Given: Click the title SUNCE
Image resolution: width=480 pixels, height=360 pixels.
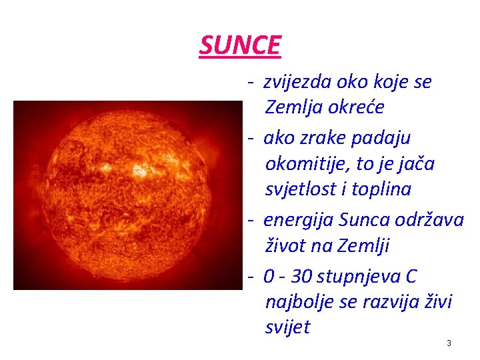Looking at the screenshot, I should (240, 45).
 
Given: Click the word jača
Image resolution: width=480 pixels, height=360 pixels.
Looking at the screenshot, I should (417, 163).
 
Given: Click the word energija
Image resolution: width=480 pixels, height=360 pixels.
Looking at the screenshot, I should (299, 219).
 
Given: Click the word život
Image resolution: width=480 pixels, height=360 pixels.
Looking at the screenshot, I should (286, 246).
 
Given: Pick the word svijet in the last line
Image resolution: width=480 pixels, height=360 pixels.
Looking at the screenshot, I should (287, 327).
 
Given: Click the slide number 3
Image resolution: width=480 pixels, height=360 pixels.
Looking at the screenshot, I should (449, 343).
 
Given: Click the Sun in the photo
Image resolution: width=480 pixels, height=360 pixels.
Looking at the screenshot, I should (127, 195).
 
